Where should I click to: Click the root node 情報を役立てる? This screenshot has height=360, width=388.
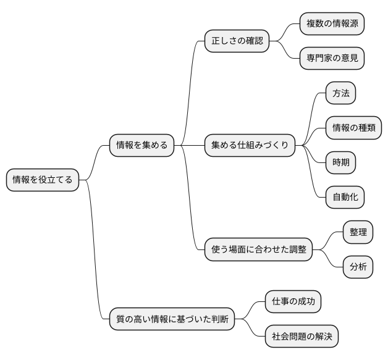(x=42, y=180)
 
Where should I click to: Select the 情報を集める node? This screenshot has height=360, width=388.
(x=141, y=146)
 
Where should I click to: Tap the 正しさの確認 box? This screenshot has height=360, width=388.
(x=237, y=41)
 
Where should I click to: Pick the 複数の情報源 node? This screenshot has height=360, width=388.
(x=332, y=24)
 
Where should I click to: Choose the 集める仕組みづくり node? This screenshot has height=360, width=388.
(x=250, y=146)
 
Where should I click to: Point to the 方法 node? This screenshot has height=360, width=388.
(x=341, y=93)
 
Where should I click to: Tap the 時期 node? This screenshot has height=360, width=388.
(x=341, y=162)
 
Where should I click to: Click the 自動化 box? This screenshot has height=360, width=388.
(x=345, y=197)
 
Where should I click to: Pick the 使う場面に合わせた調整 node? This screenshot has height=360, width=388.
(x=258, y=249)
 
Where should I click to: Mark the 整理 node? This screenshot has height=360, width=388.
(x=358, y=232)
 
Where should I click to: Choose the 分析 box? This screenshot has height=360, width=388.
(x=358, y=267)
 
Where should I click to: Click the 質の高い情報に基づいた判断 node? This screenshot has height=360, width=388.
(x=172, y=319)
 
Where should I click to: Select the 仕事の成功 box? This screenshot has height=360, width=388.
(x=293, y=302)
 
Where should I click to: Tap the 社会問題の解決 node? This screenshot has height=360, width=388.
(x=302, y=337)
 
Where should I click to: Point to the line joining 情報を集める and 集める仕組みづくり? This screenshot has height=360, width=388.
(x=190, y=146)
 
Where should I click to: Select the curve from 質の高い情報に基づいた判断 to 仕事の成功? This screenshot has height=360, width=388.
(x=250, y=309)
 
